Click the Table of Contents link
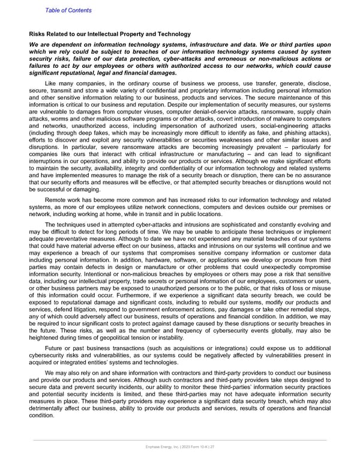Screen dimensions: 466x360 coord(68,10)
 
